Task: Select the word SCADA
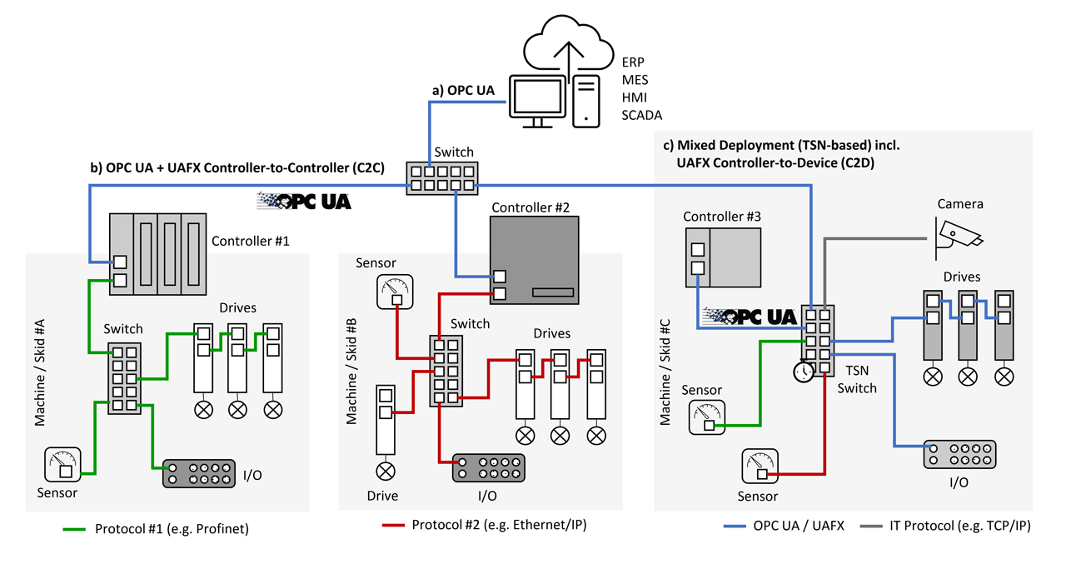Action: coord(641,114)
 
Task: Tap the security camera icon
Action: coord(959,232)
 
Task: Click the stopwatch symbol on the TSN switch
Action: coord(803,371)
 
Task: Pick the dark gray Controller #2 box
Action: coord(534,259)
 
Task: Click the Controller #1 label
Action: coord(250,242)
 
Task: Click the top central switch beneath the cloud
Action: coord(441,177)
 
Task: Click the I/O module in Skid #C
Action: coord(959,454)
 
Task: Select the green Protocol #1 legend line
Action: coord(76,528)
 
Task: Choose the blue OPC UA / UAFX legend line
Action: coord(735,527)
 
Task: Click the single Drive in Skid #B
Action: coord(385,422)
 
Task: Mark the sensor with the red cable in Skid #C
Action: coord(760,467)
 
